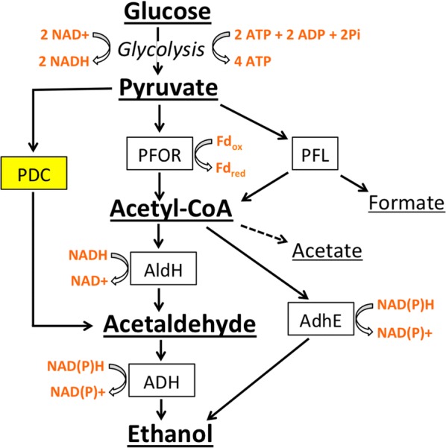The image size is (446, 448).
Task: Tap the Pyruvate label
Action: [167, 90]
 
